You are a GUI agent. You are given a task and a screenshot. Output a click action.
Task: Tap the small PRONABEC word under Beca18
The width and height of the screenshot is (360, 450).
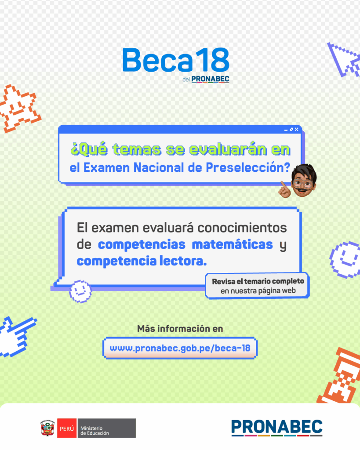click(210, 80)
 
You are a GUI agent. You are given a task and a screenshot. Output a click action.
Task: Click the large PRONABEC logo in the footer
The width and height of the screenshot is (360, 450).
click(276, 428)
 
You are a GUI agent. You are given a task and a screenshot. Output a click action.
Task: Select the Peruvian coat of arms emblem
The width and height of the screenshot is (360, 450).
click(47, 428)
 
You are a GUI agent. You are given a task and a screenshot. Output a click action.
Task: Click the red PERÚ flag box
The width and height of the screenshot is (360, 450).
click(66, 428)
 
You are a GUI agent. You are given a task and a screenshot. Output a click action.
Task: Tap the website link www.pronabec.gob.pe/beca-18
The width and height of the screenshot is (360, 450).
click(180, 348)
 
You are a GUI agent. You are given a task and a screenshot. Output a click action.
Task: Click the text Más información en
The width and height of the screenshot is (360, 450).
click(180, 328)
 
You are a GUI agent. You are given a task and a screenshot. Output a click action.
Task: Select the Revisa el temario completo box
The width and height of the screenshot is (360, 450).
click(258, 286)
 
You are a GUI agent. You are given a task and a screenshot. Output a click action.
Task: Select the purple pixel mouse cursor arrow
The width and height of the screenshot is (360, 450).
click(344, 58)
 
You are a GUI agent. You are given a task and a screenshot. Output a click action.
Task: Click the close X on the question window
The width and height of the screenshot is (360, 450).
click(297, 129)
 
